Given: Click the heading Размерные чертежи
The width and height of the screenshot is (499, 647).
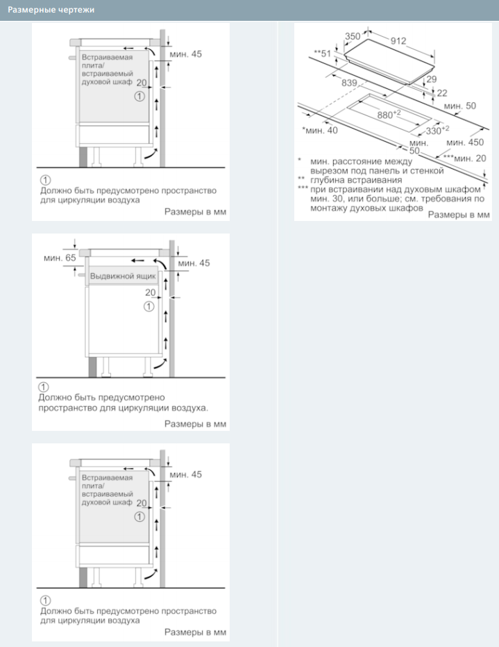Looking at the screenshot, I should [51, 10].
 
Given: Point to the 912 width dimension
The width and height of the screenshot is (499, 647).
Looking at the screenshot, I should [398, 41].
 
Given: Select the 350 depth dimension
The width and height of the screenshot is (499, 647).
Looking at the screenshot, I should [353, 36].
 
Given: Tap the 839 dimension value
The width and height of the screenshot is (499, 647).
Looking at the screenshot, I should [350, 83].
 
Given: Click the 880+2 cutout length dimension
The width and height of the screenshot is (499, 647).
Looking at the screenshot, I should [389, 114].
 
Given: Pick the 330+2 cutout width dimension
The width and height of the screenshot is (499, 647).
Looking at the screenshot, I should [437, 130].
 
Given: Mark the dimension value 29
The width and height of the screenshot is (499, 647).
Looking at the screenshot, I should [432, 80].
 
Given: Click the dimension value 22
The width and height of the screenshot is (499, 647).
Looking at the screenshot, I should [442, 92].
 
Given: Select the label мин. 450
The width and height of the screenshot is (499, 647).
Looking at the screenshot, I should [465, 142].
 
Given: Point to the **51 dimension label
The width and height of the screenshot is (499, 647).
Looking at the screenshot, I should [323, 54].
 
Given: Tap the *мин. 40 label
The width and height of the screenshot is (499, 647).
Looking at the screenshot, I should [320, 130].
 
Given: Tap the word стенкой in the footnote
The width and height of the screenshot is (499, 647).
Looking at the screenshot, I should [425, 170].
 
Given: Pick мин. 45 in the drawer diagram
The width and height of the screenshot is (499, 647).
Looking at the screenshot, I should [194, 263].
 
